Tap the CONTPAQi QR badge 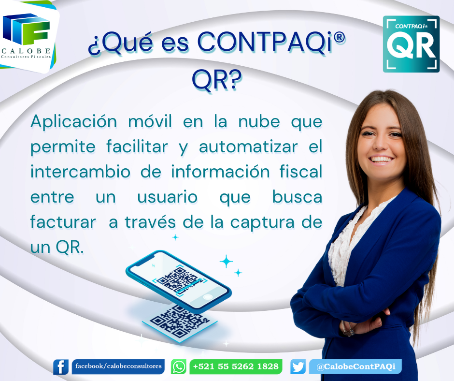[x=411, y=44]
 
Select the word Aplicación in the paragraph [x=74, y=122]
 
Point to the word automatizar [x=248, y=147]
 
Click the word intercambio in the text [x=80, y=171]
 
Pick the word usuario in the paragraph [x=168, y=197]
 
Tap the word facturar [x=63, y=222]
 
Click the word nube [x=259, y=121]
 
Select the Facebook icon [x=61, y=367]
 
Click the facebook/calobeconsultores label [x=118, y=366]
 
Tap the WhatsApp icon [x=178, y=366]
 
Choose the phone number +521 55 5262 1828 [x=236, y=366]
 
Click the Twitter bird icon [x=298, y=367]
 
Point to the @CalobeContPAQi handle [x=356, y=366]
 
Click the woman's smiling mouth [x=382, y=159]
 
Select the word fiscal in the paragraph [x=301, y=171]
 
